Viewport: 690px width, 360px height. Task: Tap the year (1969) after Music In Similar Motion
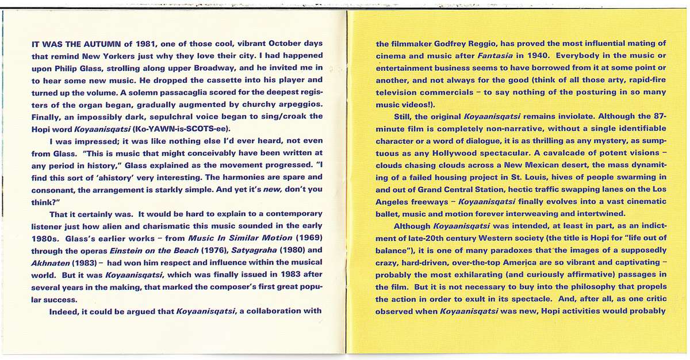[304, 238]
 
